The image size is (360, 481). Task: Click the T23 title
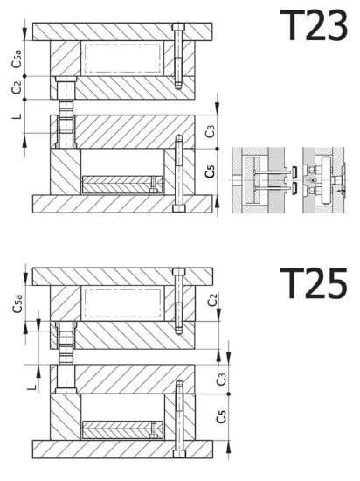tap(314, 25)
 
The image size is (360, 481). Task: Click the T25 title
tap(314, 282)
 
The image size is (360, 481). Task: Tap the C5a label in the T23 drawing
tap(17, 59)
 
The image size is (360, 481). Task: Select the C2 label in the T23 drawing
tap(17, 87)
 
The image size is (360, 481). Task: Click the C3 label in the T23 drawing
tap(211, 131)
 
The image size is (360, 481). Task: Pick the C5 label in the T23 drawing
tap(211, 171)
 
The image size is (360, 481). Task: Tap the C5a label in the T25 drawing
tap(17, 303)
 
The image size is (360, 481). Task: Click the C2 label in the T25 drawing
tap(212, 300)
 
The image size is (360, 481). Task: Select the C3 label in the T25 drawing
tap(221, 380)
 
